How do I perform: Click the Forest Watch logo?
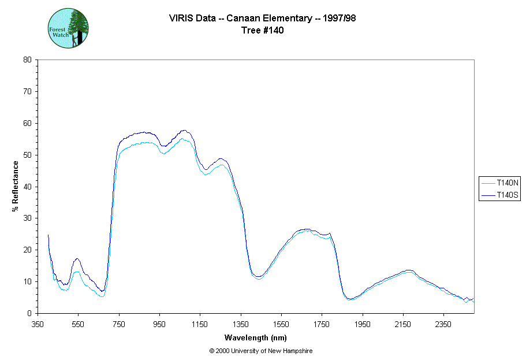tap(68, 28)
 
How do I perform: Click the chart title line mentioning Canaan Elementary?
tap(262, 18)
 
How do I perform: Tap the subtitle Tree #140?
tap(262, 31)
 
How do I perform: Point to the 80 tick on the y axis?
tap(27, 60)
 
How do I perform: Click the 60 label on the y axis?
tap(27, 123)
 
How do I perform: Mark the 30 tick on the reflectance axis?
tap(27, 218)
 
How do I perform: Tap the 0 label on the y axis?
tap(29, 313)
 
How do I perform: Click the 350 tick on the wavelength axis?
tap(38, 324)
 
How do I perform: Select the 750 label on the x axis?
tap(119, 324)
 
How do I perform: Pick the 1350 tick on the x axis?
tap(241, 324)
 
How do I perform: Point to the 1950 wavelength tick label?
tap(363, 324)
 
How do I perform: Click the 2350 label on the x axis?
tap(443, 324)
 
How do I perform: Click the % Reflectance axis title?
tap(16, 186)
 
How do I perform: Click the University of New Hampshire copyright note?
tap(261, 351)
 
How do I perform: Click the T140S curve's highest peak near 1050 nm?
tap(184, 131)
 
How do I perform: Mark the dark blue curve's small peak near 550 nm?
tap(77, 259)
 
